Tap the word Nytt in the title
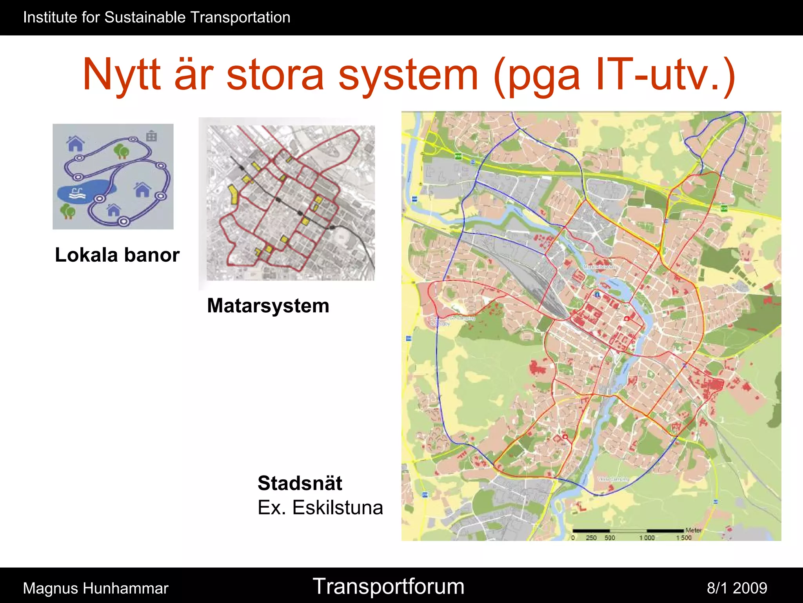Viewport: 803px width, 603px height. (x=122, y=75)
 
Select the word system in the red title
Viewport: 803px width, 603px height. (x=408, y=75)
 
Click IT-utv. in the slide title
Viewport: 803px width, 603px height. (x=665, y=75)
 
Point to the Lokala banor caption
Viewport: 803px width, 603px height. (x=117, y=255)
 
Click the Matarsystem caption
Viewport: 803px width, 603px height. (x=268, y=306)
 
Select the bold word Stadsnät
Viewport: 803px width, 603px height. (x=300, y=483)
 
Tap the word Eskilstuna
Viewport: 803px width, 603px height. (x=338, y=508)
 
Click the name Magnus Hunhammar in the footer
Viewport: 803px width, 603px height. (x=96, y=588)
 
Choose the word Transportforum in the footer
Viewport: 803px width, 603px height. (x=389, y=587)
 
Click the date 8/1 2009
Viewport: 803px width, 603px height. (x=737, y=588)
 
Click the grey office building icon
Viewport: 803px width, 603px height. (x=151, y=136)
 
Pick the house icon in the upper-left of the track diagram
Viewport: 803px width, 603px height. (x=75, y=144)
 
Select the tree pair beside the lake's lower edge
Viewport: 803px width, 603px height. (x=68, y=211)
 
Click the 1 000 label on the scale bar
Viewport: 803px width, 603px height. (x=647, y=538)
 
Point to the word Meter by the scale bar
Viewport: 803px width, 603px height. (x=693, y=530)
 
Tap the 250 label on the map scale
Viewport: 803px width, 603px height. (x=591, y=538)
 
